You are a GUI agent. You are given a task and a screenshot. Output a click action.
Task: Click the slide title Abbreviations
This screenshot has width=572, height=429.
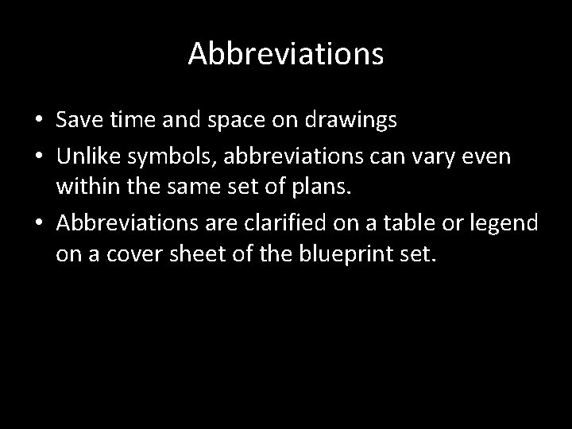click(x=286, y=54)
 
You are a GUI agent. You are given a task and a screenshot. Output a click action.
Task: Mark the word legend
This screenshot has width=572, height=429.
click(x=508, y=223)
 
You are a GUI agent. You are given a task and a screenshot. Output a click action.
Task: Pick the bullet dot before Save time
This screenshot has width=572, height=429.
click(x=39, y=120)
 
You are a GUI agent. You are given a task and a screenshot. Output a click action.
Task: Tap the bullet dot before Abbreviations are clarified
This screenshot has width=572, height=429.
click(x=39, y=222)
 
